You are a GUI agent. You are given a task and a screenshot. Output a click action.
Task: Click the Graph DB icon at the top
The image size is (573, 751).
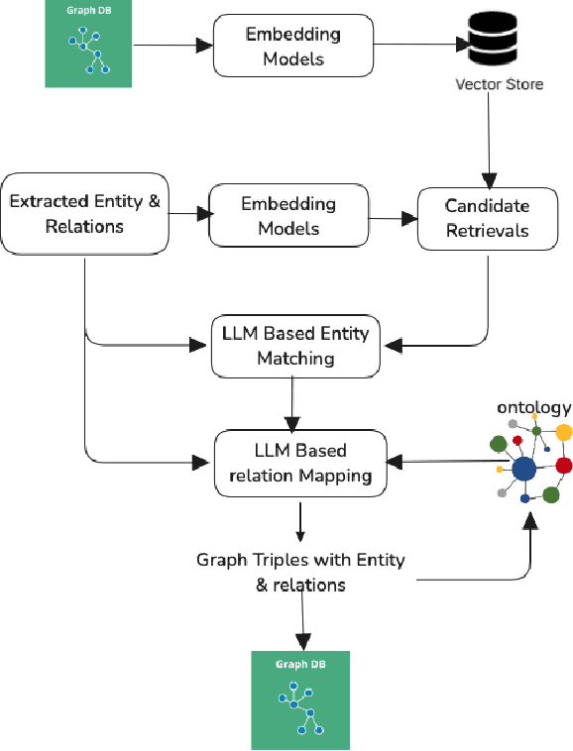(x=88, y=44)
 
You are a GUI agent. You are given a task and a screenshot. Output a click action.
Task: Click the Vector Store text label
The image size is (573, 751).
(x=499, y=84)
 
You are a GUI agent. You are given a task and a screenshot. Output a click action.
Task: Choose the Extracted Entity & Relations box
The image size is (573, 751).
(x=84, y=214)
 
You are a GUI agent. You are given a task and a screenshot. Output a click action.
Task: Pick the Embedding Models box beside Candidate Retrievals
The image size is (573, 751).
(x=288, y=215)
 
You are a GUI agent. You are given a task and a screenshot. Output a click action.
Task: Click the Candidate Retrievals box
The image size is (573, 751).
(x=487, y=219)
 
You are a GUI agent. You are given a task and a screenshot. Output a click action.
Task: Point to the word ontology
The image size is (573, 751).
(x=533, y=407)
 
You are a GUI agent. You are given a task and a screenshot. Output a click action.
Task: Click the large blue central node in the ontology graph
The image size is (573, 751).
(x=523, y=468)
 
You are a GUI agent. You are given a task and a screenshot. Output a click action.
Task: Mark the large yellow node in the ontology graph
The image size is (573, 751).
(x=564, y=432)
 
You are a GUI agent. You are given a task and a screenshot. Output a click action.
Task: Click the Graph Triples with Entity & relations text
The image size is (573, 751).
(x=300, y=572)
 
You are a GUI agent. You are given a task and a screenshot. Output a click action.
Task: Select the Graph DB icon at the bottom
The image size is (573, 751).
(x=300, y=699)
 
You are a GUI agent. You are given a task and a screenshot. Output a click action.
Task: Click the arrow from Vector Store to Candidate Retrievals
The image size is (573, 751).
(x=488, y=139)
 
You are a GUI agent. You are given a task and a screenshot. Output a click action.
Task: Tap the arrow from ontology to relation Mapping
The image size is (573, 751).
(x=446, y=461)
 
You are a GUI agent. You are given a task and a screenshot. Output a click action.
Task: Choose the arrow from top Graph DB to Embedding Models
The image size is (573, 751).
(x=173, y=46)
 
